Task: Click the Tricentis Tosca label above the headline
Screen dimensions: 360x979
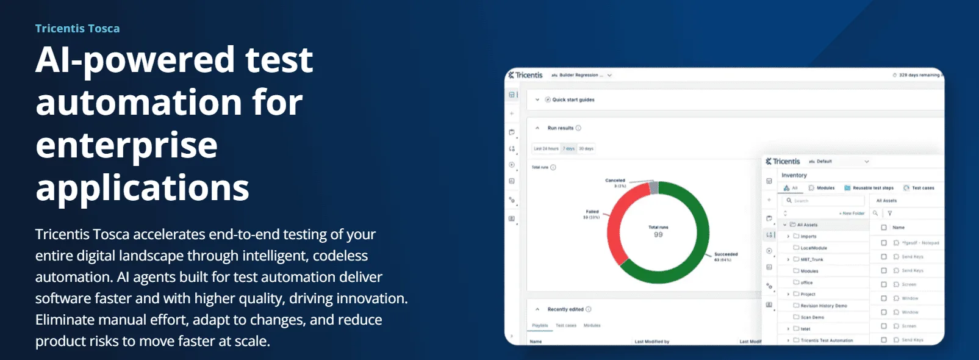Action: (x=77, y=29)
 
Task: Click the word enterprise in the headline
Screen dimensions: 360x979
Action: (x=126, y=145)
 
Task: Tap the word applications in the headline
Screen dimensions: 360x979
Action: (x=142, y=188)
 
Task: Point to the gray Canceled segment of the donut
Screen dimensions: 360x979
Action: (x=653, y=188)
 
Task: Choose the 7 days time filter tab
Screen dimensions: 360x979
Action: (x=568, y=148)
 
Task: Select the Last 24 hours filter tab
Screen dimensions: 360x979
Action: (x=546, y=148)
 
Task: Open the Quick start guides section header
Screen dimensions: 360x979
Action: (x=573, y=99)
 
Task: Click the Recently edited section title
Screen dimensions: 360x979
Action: (x=565, y=309)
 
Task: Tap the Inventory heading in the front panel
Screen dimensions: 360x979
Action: (x=794, y=175)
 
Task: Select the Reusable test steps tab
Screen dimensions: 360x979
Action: (x=872, y=188)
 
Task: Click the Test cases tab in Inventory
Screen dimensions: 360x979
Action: (x=922, y=188)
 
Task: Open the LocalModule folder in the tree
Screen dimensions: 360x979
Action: (x=813, y=248)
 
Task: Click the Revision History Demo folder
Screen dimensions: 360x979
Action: (x=823, y=306)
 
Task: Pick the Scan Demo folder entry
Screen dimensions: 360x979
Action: (x=812, y=317)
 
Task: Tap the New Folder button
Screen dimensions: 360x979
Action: (x=853, y=214)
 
